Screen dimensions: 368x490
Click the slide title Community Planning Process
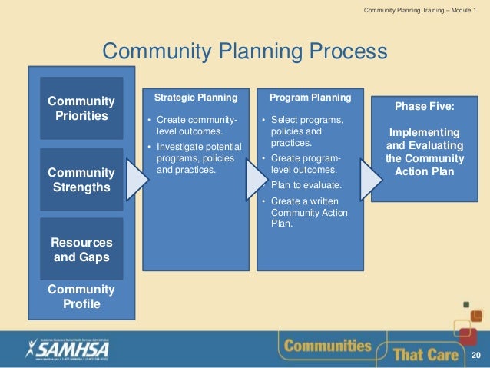244,51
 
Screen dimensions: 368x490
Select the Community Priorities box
81,108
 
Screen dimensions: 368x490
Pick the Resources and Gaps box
81,250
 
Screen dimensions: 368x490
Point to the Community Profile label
81,297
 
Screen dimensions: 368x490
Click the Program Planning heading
310,98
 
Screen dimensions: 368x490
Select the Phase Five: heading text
425,107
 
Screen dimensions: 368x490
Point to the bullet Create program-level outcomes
306,164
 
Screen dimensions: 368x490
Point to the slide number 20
476,355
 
